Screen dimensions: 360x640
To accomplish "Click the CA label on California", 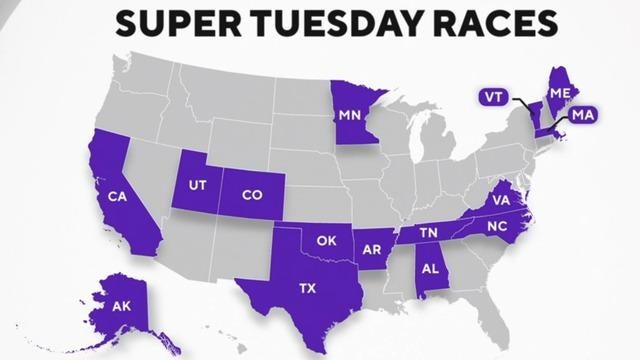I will pyautogui.click(x=117, y=195).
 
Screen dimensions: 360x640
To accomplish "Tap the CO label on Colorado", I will pyautogui.click(x=252, y=196).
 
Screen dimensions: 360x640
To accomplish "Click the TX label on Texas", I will pyautogui.click(x=307, y=287).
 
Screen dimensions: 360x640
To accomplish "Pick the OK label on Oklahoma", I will pyautogui.click(x=326, y=240).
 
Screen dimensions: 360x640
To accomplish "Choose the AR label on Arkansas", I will pyautogui.click(x=373, y=246).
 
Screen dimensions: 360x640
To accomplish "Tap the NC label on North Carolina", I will pyautogui.click(x=497, y=227).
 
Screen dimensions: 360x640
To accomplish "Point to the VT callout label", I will pyautogui.click(x=492, y=97).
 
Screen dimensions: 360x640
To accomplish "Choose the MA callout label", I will pyautogui.click(x=584, y=118).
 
